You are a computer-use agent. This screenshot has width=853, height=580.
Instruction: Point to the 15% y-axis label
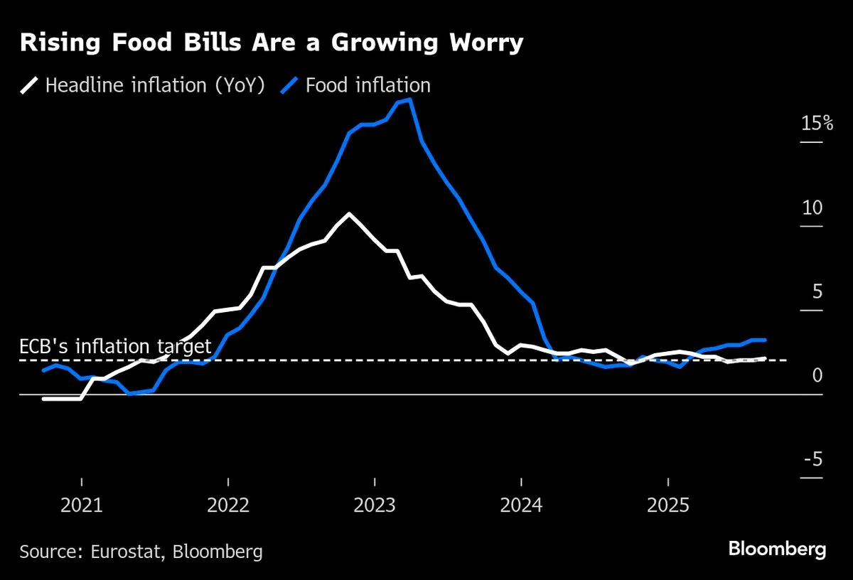(x=817, y=124)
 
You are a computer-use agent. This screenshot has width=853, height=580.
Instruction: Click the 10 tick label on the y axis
(x=812, y=208)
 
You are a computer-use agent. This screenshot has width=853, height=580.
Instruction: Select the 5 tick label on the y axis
(x=817, y=291)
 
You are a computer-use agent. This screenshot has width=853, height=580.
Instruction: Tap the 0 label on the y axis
(x=817, y=375)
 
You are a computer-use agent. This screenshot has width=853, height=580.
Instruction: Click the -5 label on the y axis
(x=812, y=459)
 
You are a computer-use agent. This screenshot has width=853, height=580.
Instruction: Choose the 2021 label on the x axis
(x=82, y=505)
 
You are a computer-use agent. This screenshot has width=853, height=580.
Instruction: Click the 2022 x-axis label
(x=228, y=505)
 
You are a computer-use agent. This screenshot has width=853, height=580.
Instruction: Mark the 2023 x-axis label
(x=375, y=505)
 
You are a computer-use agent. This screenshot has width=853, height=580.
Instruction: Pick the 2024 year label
(x=521, y=505)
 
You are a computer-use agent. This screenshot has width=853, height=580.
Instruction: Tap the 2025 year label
(x=667, y=505)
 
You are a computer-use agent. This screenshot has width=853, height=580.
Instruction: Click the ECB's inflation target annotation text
(x=115, y=347)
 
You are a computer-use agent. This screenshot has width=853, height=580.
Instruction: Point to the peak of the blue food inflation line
(x=410, y=100)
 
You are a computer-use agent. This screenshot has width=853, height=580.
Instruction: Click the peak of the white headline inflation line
(x=349, y=213)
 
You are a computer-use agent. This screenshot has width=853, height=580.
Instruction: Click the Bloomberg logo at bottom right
(x=777, y=549)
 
